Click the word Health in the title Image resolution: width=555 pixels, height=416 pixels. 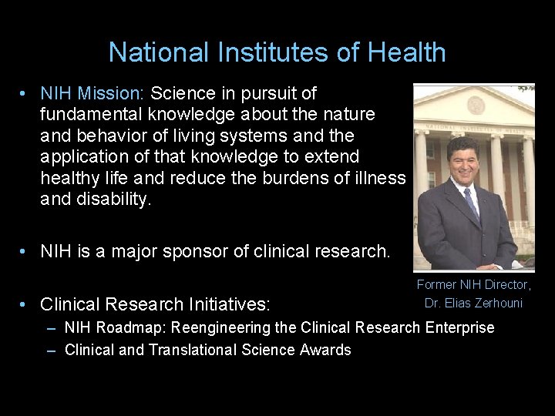[406, 52]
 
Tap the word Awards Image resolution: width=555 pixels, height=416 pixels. [326, 351]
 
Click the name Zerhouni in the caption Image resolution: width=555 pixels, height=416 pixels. [496, 304]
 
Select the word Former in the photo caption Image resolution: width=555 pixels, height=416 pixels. [436, 285]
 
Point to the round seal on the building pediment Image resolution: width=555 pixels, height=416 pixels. [476, 105]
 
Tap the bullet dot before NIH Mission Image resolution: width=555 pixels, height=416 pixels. [25, 94]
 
